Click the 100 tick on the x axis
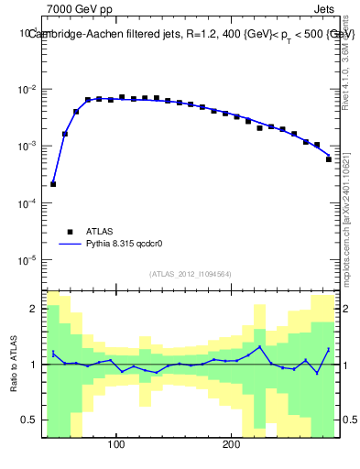[116, 445]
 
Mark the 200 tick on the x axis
[231, 445]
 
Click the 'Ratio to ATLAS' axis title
[14, 365]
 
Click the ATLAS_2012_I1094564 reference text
[190, 273]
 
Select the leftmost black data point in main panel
[53, 184]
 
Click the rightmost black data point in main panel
[328, 159]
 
